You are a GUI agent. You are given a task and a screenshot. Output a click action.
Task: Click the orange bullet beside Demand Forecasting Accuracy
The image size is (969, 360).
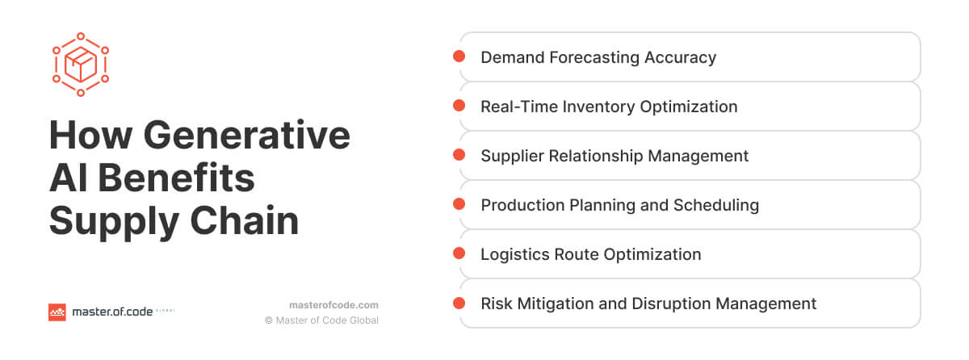[459, 57]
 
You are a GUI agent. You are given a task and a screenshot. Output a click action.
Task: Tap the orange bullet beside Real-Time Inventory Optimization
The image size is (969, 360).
[459, 106]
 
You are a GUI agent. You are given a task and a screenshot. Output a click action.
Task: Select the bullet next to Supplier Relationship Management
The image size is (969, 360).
[459, 155]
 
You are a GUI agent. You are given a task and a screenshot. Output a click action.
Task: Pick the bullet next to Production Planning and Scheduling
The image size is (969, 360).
[459, 204]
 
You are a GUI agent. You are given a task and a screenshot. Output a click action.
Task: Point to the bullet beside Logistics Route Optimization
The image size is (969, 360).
[459, 253]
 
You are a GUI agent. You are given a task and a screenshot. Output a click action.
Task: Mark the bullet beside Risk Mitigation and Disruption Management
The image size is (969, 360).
[459, 303]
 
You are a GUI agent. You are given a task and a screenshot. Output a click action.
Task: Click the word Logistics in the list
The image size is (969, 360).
[514, 254]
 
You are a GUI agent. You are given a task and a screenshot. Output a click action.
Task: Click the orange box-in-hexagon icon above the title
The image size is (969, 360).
[81, 64]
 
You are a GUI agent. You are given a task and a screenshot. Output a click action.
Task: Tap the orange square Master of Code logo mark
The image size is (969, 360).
[57, 312]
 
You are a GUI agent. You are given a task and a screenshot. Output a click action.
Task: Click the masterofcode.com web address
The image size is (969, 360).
[333, 305]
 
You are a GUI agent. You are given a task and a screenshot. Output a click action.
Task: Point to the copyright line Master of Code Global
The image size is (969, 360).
[321, 320]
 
